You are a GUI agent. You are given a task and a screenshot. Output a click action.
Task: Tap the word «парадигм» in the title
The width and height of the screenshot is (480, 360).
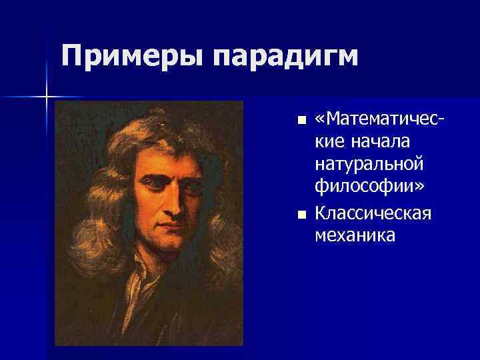286,57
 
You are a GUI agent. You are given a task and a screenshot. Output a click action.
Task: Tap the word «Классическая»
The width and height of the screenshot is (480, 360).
374,213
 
